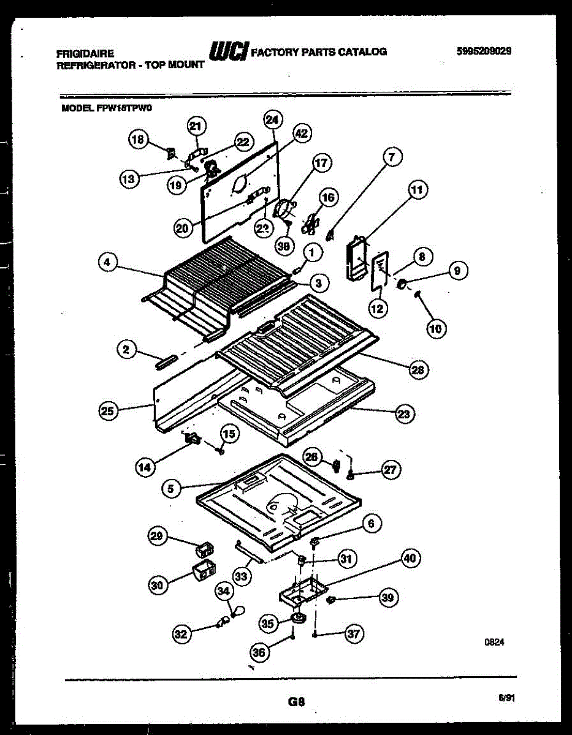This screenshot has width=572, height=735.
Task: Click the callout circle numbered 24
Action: point(272,120)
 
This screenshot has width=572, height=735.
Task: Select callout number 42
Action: point(301,133)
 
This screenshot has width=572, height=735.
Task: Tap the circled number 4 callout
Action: point(107,262)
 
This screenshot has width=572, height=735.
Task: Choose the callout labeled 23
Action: point(403,414)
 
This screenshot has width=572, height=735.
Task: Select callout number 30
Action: point(158,585)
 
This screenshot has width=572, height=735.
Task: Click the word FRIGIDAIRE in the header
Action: point(85,54)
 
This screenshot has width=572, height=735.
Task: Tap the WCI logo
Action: point(227,51)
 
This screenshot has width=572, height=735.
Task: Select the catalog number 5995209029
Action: point(483,52)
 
